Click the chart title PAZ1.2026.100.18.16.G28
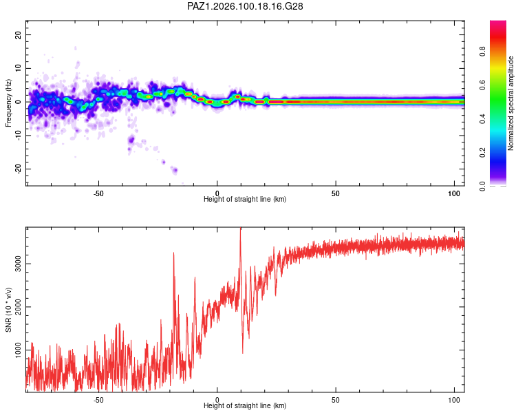(245, 6)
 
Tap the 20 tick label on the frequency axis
(18, 34)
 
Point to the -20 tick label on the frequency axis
(18, 169)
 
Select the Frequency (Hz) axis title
(8, 103)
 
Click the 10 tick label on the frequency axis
(18, 68)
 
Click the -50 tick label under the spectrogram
(98, 193)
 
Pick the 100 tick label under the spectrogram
(454, 193)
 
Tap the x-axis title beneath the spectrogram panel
(245, 199)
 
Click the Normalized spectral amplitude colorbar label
(510, 103)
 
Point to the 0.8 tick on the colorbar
(482, 52)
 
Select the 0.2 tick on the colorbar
(482, 153)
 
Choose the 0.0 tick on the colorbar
(482, 187)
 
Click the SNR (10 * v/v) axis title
(8, 310)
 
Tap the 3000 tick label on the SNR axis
(18, 264)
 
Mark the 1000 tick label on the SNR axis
(18, 350)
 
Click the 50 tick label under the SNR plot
(335, 400)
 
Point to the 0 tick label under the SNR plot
(217, 400)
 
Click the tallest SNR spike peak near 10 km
(241, 228)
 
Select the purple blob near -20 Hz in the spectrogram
(175, 170)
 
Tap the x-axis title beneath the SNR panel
(245, 405)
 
